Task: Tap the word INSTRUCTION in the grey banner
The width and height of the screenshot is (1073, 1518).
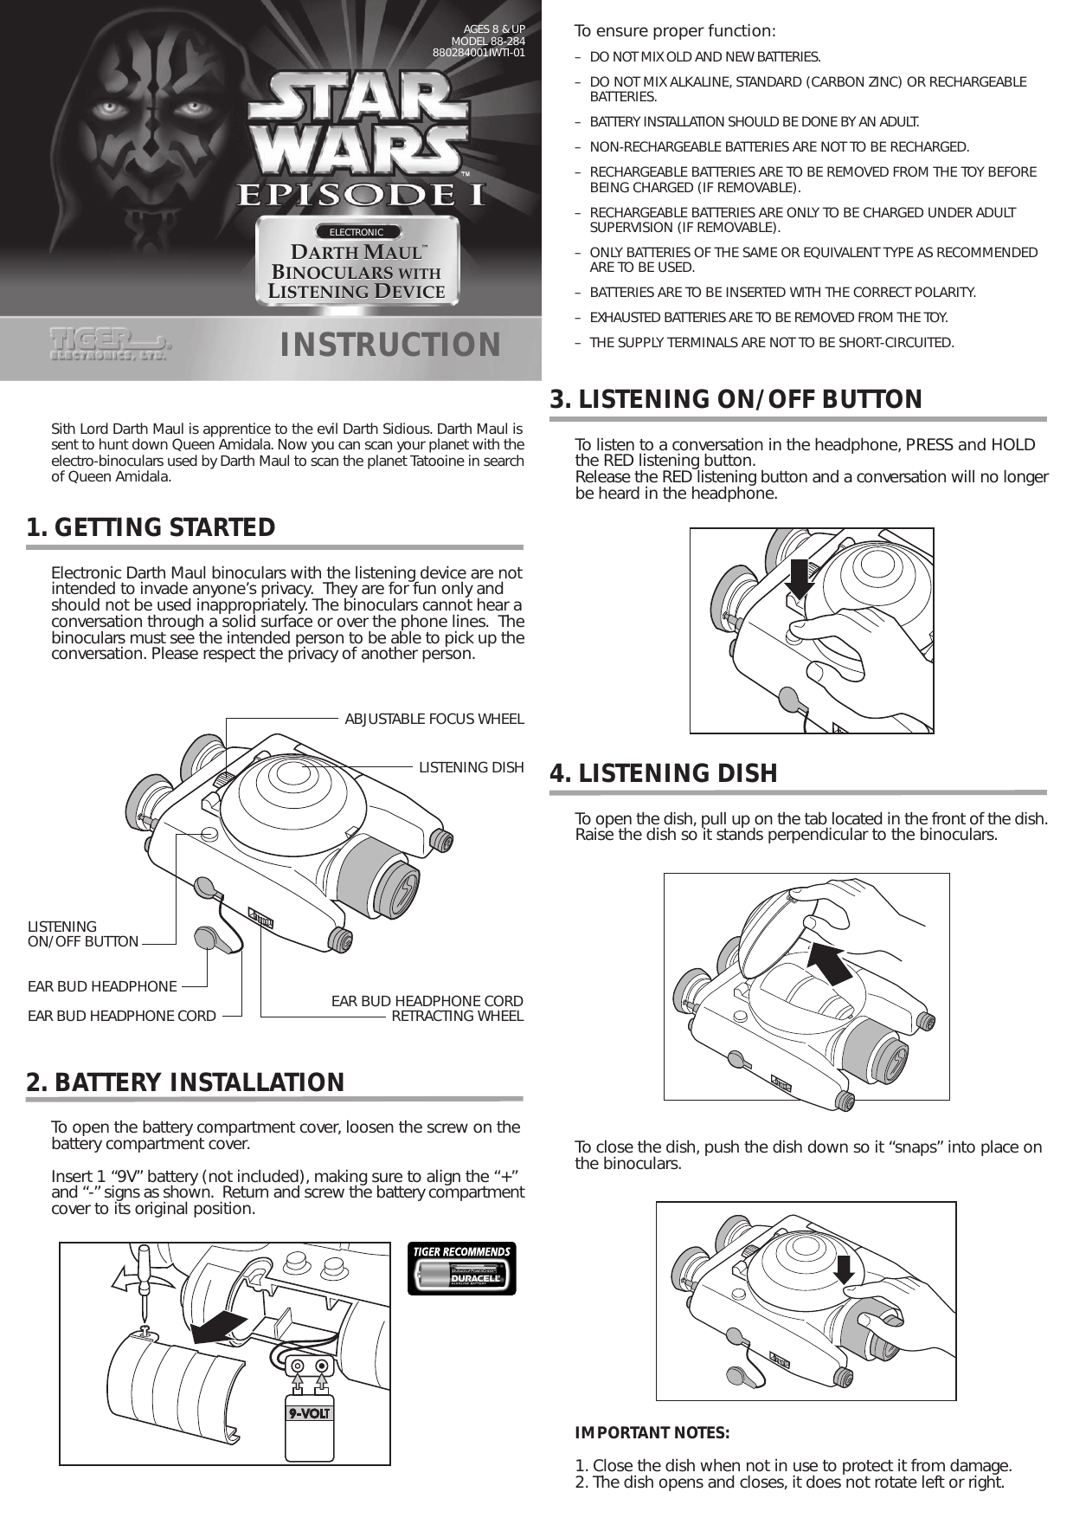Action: pyautogui.click(x=390, y=345)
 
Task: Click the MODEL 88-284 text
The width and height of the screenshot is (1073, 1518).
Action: pyautogui.click(x=488, y=41)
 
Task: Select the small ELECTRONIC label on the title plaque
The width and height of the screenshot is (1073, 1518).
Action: pyautogui.click(x=357, y=232)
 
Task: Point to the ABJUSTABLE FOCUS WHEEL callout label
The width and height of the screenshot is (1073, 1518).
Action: pyautogui.click(x=434, y=719)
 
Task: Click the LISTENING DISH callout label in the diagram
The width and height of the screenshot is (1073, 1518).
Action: pyautogui.click(x=472, y=767)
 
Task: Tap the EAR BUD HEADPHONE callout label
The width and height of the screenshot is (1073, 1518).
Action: pyautogui.click(x=102, y=986)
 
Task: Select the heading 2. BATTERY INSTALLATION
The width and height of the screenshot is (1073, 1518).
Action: pyautogui.click(x=185, y=1082)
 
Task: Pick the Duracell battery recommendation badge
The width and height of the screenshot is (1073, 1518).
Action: pyautogui.click(x=461, y=1269)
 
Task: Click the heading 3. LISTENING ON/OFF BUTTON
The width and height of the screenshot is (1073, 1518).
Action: pyautogui.click(x=736, y=399)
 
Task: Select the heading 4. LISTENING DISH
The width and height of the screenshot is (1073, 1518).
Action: pyautogui.click(x=664, y=773)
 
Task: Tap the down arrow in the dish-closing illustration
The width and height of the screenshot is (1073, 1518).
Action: pyautogui.click(x=845, y=1270)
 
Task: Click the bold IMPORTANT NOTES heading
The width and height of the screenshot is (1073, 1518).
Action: pyautogui.click(x=652, y=1433)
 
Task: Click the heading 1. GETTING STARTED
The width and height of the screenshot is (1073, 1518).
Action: pyautogui.click(x=151, y=527)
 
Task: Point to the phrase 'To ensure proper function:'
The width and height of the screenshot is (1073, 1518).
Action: pyautogui.click(x=675, y=32)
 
